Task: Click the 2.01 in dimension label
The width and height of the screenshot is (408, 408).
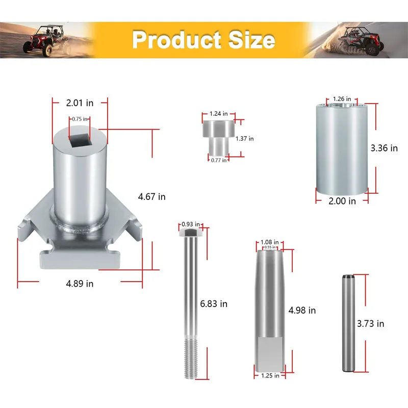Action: point(80,103)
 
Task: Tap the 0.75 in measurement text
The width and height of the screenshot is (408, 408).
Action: point(80,119)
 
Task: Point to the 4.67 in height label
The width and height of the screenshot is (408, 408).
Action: point(151,197)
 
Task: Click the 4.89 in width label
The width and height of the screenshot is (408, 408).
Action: point(80,284)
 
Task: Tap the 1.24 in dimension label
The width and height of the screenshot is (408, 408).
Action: point(219,114)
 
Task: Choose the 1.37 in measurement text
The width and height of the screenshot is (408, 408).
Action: point(245,139)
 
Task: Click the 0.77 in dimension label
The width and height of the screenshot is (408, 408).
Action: point(219,160)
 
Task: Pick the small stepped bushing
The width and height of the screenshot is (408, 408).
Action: point(219,138)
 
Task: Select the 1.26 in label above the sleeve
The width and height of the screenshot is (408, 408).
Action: point(342,99)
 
